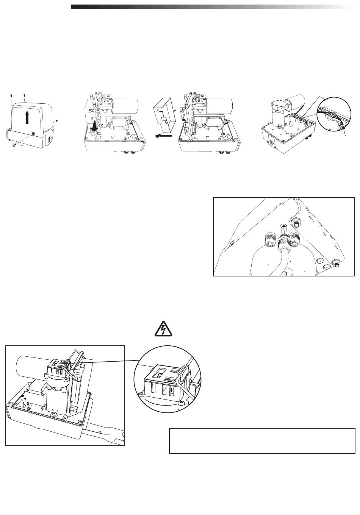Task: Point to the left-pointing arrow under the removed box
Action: tap(163, 135)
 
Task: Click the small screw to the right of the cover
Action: tap(56, 121)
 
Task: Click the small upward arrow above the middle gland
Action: tap(282, 228)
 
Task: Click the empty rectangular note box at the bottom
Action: tap(262, 441)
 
